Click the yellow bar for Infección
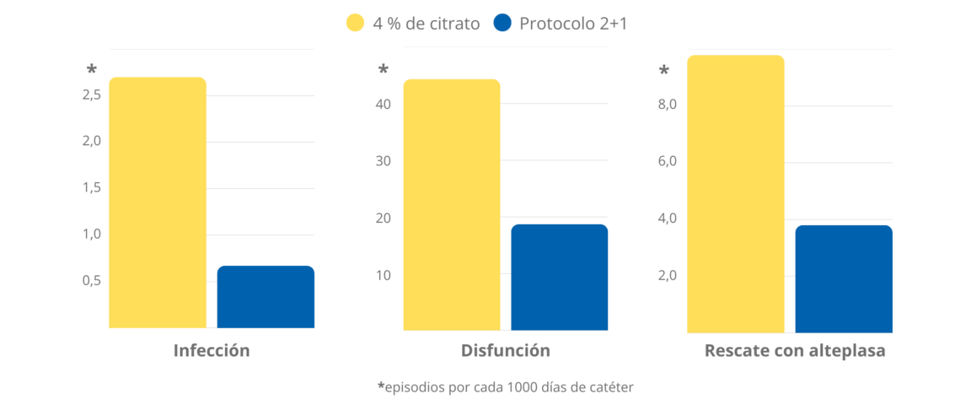[x=158, y=202]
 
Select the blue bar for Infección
[x=266, y=297]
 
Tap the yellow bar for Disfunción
[x=452, y=204]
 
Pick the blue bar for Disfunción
[x=559, y=277]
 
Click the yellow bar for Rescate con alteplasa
[x=736, y=194]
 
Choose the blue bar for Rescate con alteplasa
[x=843, y=278]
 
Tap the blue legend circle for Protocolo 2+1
[x=504, y=24]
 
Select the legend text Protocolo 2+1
[x=573, y=24]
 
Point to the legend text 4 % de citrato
[x=426, y=24]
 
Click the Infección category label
[x=212, y=350]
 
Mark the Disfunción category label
[x=506, y=350]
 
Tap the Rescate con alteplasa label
[x=795, y=350]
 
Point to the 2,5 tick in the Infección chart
[x=92, y=94]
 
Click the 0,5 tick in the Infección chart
[x=92, y=280]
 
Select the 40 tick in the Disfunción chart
[x=384, y=104]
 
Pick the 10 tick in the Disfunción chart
[x=384, y=275]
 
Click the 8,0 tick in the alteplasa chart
[x=668, y=104]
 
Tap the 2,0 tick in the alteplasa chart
[x=668, y=275]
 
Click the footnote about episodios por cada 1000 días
[x=505, y=387]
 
